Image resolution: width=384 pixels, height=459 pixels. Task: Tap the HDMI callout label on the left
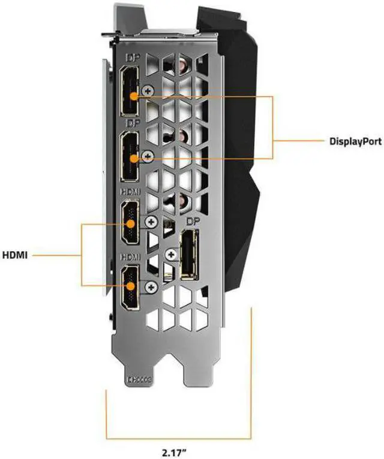tap(15, 254)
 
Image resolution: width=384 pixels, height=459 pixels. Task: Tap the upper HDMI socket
tap(130, 225)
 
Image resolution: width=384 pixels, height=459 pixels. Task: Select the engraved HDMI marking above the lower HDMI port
tap(131, 256)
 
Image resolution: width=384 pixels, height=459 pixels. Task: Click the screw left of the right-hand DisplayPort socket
tap(172, 255)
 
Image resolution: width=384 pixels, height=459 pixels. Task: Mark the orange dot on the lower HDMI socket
tap(131, 287)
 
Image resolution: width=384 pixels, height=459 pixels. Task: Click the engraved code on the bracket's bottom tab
tap(139, 379)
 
